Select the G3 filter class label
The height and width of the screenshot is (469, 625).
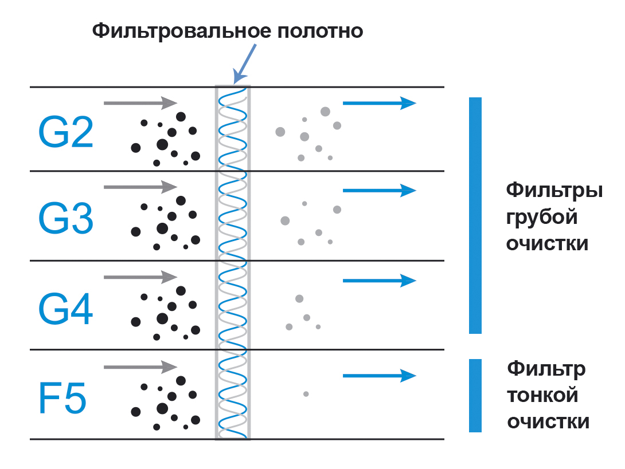[x=65, y=219]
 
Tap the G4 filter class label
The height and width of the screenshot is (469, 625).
[x=65, y=309]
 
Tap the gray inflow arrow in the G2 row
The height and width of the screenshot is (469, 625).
[x=140, y=103]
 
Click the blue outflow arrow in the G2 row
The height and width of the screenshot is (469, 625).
[x=378, y=103]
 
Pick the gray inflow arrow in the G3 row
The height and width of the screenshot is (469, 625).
[x=140, y=187]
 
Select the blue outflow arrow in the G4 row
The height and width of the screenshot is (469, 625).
[x=378, y=281]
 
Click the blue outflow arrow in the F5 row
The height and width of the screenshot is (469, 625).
[x=378, y=376]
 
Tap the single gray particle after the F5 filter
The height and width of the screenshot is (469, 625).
[x=306, y=394]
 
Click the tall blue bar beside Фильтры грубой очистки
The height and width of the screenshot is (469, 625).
[x=475, y=215]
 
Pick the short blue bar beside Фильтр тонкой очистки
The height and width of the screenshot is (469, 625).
[x=475, y=395]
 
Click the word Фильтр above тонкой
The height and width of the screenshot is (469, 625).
[x=546, y=368]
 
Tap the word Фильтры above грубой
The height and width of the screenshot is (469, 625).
[x=554, y=190]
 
